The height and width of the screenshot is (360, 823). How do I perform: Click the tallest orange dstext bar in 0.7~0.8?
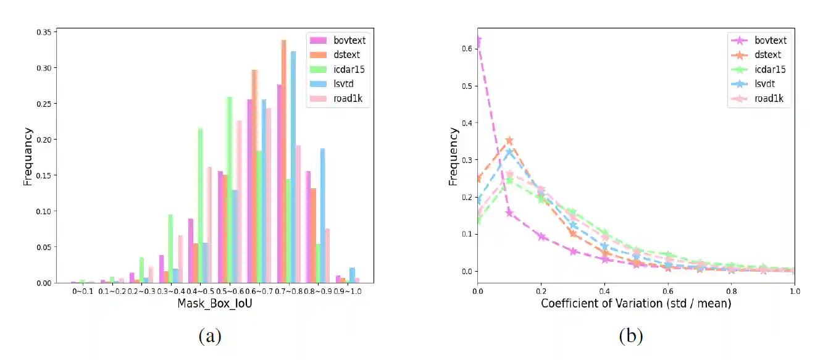[283, 161]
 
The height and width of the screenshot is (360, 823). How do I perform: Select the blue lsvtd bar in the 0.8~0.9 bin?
[322, 216]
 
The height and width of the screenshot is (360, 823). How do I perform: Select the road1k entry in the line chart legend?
[770, 98]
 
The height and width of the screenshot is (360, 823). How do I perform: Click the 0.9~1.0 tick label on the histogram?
[348, 290]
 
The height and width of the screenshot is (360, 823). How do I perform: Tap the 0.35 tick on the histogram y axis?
[44, 31]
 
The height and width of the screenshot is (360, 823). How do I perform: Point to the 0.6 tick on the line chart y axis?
[467, 48]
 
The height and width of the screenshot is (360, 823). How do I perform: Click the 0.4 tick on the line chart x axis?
[604, 290]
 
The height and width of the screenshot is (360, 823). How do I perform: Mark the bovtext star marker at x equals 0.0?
[477, 41]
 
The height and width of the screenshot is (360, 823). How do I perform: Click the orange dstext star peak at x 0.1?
[509, 141]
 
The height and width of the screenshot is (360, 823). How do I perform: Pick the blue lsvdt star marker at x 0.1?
[509, 152]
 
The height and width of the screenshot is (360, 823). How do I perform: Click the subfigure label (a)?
[209, 336]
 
